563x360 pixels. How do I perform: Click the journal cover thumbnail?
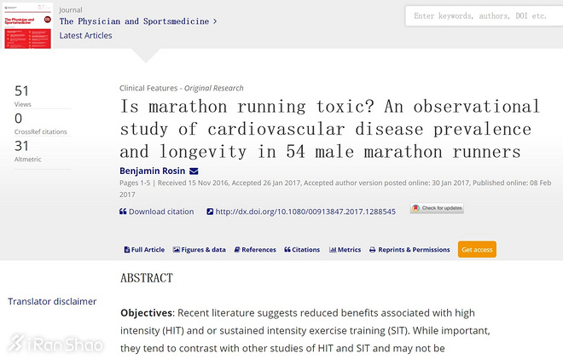(x=26, y=26)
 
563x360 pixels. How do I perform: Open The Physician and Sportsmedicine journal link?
(x=133, y=21)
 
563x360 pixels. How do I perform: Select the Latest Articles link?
(x=85, y=36)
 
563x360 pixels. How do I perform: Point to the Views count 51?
(x=22, y=91)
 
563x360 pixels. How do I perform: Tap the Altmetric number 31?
(x=22, y=146)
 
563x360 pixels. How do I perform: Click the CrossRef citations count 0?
(x=19, y=119)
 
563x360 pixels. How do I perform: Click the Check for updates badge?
(x=437, y=208)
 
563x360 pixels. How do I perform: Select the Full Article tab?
(x=144, y=250)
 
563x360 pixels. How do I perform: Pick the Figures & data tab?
(x=200, y=250)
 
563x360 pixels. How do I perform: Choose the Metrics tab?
(x=345, y=250)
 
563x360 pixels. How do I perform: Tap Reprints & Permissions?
(x=409, y=250)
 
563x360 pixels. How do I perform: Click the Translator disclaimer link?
(x=52, y=301)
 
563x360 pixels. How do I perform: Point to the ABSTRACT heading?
(x=146, y=278)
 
